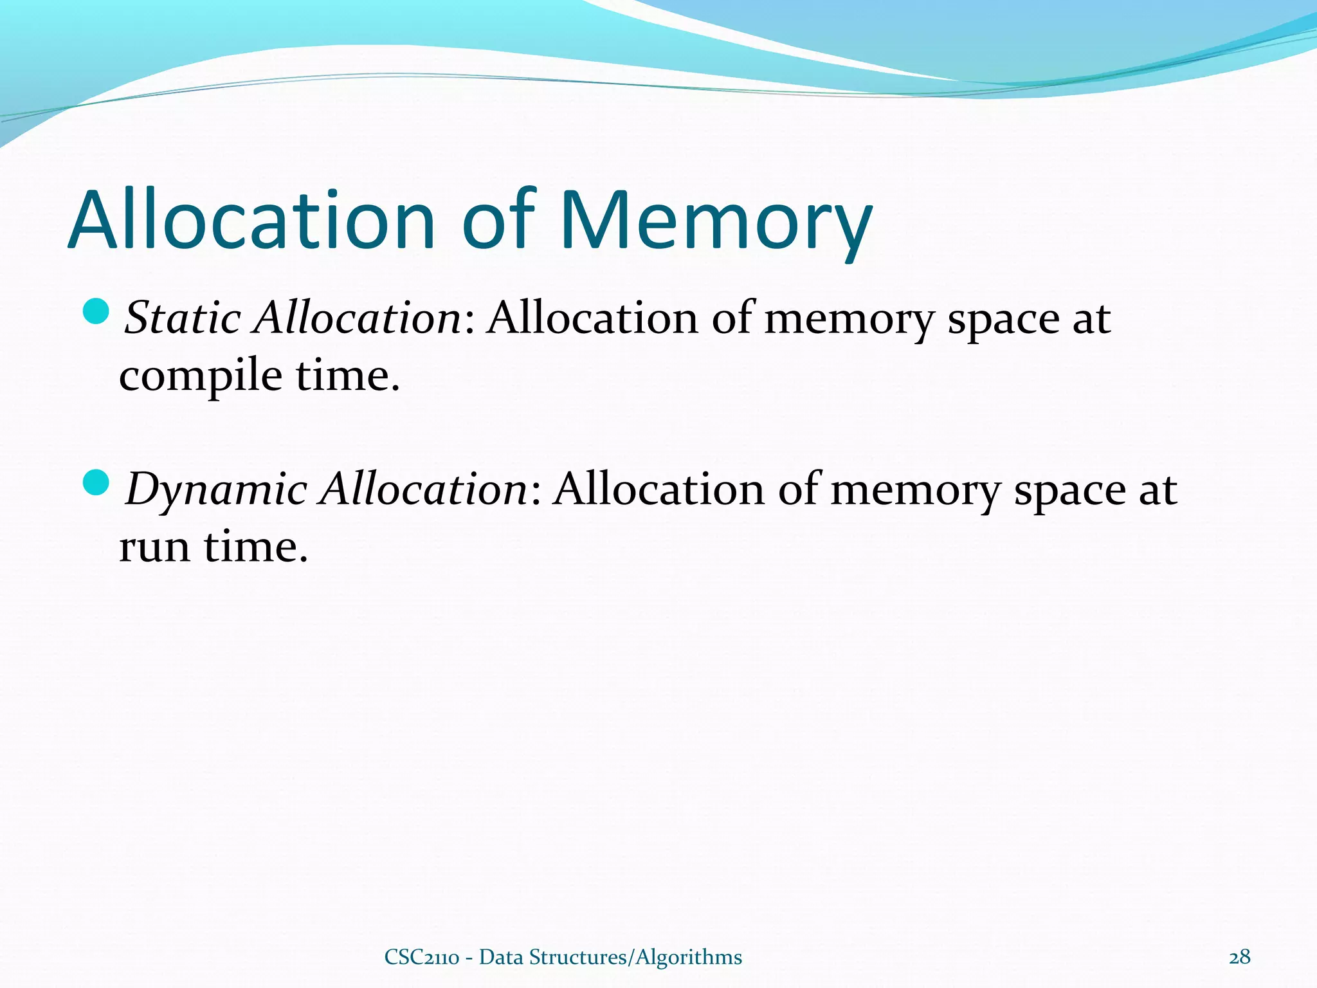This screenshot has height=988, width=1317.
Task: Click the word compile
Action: [x=200, y=376]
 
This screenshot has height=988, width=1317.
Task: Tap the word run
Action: [x=154, y=547]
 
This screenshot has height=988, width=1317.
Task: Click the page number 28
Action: [x=1239, y=957]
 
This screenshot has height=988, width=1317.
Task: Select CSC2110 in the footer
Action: [x=421, y=957]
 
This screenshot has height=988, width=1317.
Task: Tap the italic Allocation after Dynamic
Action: [x=425, y=489]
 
